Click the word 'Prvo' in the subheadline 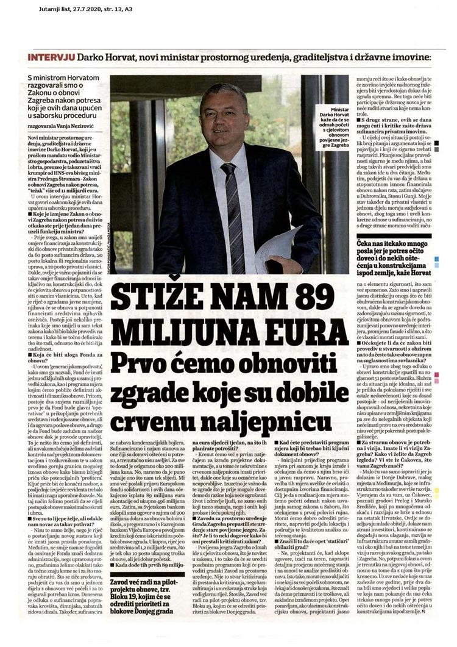pos(150,365)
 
